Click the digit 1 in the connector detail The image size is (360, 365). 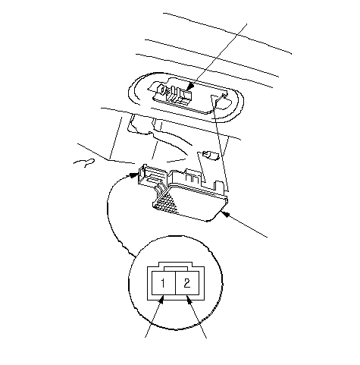pyautogui.click(x=163, y=283)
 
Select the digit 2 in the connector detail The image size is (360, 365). pyautogui.click(x=187, y=283)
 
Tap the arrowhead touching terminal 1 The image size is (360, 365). pyautogui.click(x=161, y=300)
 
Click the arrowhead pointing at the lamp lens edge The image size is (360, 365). pyautogui.click(x=226, y=215)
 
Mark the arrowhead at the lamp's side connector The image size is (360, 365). pyautogui.click(x=133, y=175)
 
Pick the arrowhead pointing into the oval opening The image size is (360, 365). pyautogui.click(x=190, y=87)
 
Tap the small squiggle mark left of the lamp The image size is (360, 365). pyautogui.click(x=85, y=162)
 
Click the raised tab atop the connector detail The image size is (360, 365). pyautogui.click(x=176, y=264)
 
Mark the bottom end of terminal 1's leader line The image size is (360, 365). pyautogui.click(x=146, y=337)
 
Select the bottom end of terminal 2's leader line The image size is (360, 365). pyautogui.click(x=206, y=338)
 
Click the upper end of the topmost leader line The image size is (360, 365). pyautogui.click(x=246, y=24)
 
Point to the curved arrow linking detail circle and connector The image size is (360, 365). pyautogui.click(x=110, y=210)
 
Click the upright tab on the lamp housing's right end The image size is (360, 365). pyautogui.click(x=218, y=186)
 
